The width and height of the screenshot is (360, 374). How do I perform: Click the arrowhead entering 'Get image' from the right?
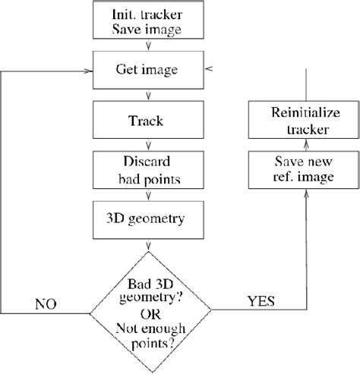(x=209, y=71)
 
